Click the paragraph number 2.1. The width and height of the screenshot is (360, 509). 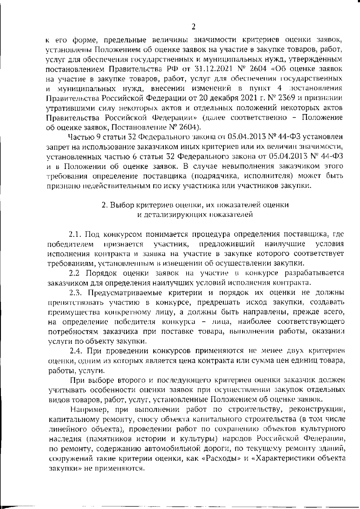click(76, 234)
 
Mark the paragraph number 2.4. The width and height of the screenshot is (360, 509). click(76, 350)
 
